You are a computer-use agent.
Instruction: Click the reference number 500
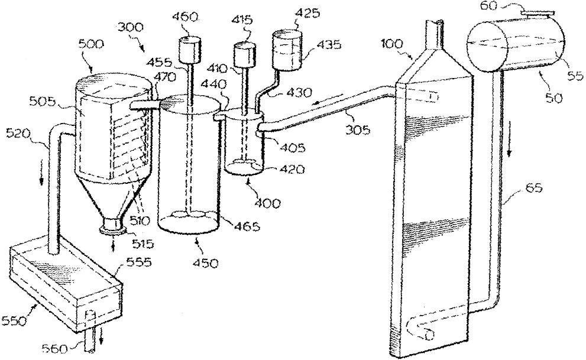tap(91, 45)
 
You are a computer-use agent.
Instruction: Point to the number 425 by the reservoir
tap(307, 14)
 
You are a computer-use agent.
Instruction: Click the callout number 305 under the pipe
tap(358, 129)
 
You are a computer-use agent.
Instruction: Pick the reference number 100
tap(391, 44)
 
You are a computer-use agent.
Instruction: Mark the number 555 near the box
tap(139, 262)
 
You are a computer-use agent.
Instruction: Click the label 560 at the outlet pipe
tap(56, 349)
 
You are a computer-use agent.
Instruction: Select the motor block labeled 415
tap(245, 55)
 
